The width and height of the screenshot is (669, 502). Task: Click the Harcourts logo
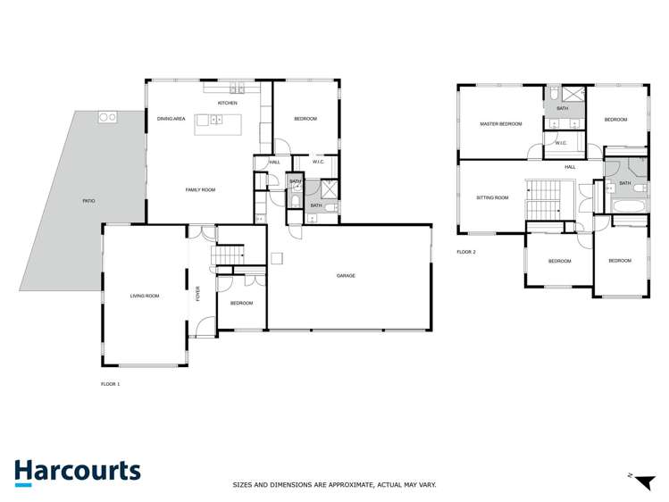77,473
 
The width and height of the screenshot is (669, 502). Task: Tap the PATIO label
88,201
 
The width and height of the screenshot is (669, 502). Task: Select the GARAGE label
346,276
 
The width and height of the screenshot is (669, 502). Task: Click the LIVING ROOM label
145,296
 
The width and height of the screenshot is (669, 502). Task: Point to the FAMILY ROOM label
200,189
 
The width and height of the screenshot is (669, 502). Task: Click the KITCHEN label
228,104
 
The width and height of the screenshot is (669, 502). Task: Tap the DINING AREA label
171,119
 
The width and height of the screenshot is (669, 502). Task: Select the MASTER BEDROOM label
500,124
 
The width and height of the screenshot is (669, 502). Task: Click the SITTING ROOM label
492,197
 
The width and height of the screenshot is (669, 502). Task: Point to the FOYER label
198,294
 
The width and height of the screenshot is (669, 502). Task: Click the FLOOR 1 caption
110,384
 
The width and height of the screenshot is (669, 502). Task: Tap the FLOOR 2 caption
466,253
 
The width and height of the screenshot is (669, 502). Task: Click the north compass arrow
639,482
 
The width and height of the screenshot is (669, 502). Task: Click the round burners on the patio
107,117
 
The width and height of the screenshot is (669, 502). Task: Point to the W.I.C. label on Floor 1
318,162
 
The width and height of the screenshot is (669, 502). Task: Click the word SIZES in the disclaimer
245,485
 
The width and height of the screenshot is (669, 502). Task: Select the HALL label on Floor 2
570,167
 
